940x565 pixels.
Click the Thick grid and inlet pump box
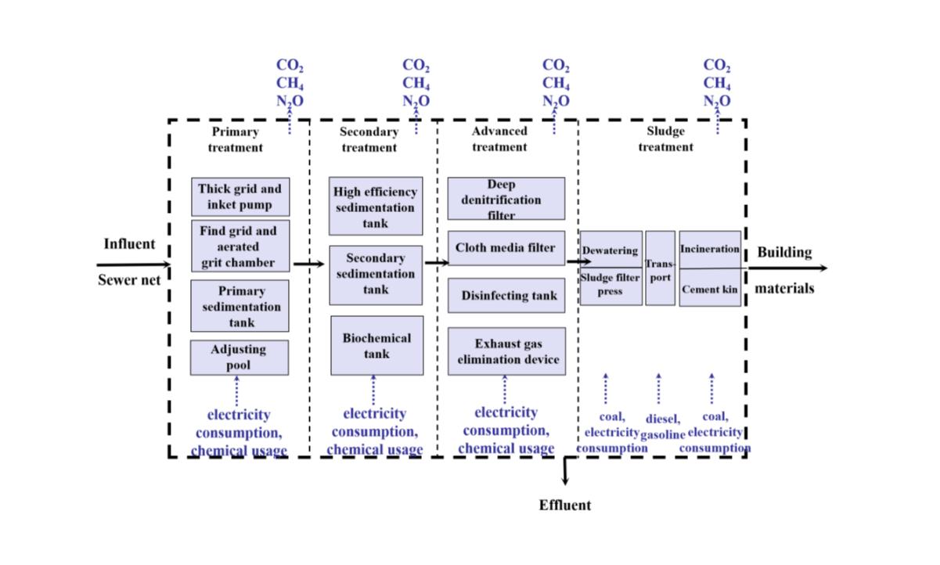[x=240, y=197]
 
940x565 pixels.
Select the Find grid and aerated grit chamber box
[x=240, y=246]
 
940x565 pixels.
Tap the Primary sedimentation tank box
[x=240, y=306]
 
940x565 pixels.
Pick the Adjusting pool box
[x=239, y=357]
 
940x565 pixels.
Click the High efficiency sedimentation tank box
[x=375, y=207]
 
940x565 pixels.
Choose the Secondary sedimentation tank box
[x=375, y=274]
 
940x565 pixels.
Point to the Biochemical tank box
[x=376, y=345]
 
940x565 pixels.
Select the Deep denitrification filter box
[x=506, y=199]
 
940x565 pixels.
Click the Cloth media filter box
[x=506, y=248]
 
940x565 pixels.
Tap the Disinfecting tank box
[x=506, y=295]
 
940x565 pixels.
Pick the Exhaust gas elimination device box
[x=506, y=351]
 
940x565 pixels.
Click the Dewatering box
[x=610, y=250]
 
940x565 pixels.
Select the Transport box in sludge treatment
[x=660, y=268]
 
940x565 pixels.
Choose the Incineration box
[x=710, y=250]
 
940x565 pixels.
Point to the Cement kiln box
[x=710, y=288]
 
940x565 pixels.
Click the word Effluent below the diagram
[x=564, y=505]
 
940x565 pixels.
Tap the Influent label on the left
[x=129, y=244]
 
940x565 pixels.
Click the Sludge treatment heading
[x=665, y=139]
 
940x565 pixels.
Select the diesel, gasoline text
[x=662, y=426]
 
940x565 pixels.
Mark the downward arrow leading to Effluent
[x=565, y=471]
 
